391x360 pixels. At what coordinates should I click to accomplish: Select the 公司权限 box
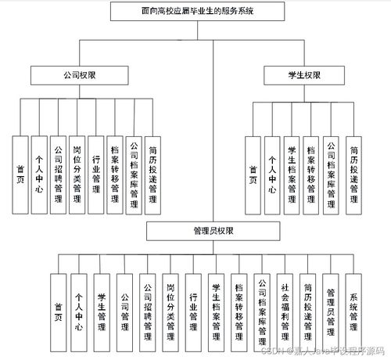pyautogui.click(x=79, y=76)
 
